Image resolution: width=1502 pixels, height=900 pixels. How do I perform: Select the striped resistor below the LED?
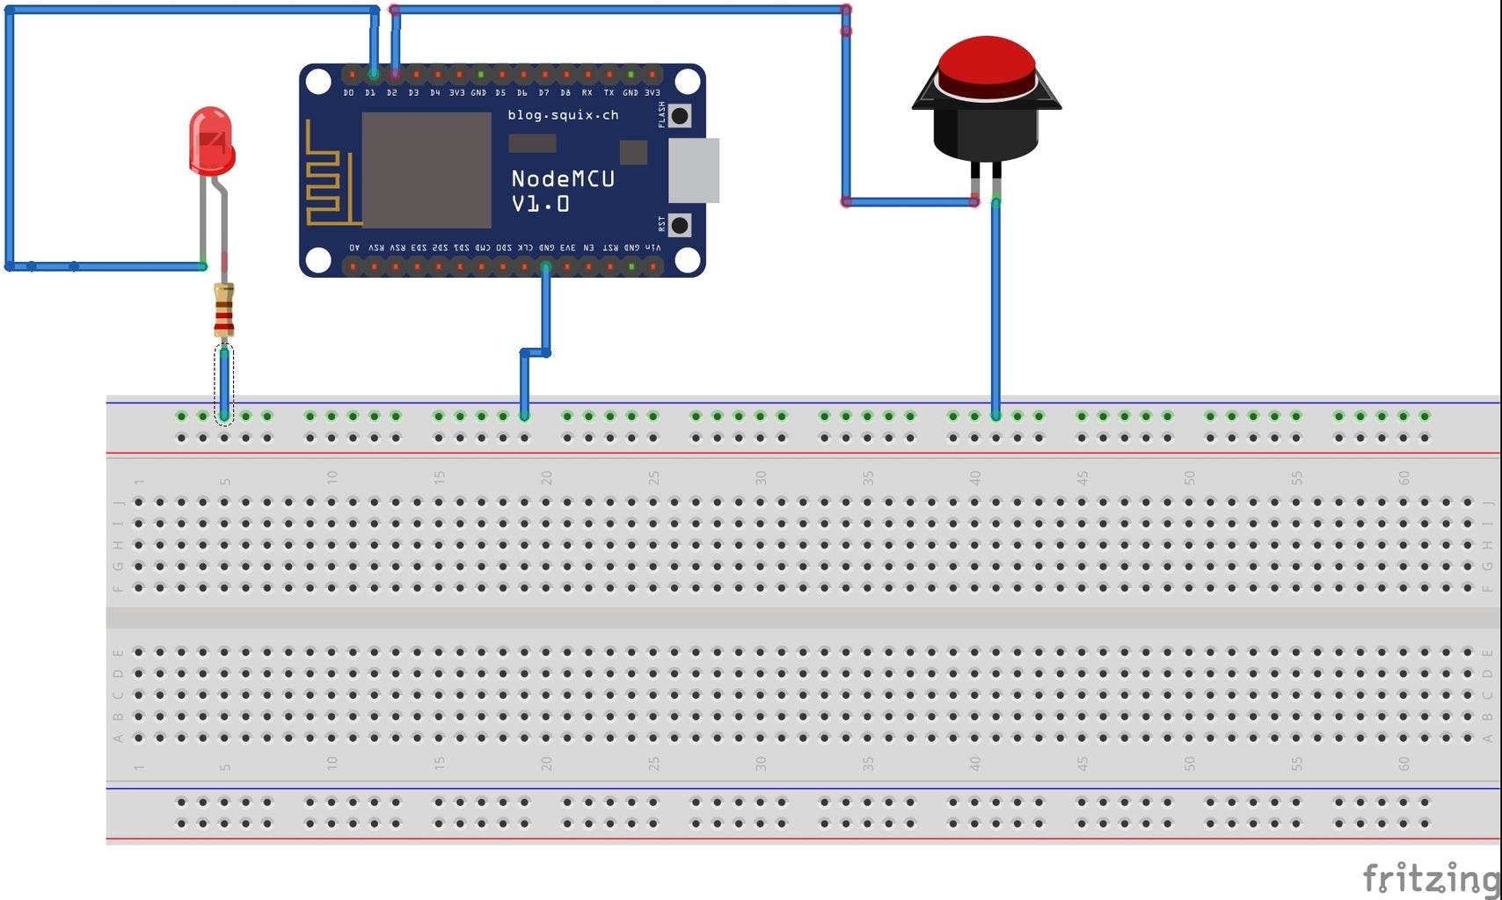[224, 309]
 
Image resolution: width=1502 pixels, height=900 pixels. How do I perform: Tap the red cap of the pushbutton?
[986, 66]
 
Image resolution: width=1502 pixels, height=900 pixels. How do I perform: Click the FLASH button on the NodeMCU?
[679, 115]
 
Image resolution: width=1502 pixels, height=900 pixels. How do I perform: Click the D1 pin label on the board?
[370, 92]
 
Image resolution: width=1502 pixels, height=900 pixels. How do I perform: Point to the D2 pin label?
[392, 92]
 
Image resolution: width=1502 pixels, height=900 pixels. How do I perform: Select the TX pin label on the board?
[609, 92]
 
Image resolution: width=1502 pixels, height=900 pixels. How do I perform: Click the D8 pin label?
[565, 92]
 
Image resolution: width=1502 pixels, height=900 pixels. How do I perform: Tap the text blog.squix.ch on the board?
[563, 115]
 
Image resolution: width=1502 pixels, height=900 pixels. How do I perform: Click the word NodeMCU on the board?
[563, 179]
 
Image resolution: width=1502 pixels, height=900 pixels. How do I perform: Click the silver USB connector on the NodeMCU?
[694, 171]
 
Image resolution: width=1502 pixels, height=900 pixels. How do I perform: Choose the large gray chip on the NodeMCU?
[427, 170]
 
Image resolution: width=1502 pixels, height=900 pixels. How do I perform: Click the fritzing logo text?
[1430, 877]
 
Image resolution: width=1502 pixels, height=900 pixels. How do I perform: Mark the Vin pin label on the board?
[653, 248]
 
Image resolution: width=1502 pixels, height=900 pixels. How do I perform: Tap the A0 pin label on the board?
[354, 248]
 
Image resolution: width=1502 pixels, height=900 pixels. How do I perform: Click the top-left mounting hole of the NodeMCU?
[318, 82]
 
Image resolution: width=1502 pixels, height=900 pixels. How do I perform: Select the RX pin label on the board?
[587, 92]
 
